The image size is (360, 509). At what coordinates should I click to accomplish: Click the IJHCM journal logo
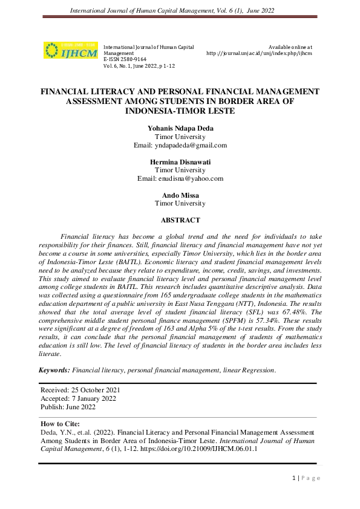(x=71, y=50)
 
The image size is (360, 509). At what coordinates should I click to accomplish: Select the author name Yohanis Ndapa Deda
(x=180, y=129)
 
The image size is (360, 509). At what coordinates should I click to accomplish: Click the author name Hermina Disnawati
(x=180, y=162)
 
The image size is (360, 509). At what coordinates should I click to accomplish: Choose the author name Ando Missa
(x=180, y=195)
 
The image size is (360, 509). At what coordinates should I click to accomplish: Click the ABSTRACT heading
(x=180, y=221)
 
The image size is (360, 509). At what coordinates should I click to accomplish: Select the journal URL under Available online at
(x=259, y=53)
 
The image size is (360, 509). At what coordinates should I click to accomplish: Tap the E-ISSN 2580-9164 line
(x=125, y=59)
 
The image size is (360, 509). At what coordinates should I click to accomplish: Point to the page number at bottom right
(x=306, y=478)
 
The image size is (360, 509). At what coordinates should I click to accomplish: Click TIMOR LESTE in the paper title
(x=212, y=111)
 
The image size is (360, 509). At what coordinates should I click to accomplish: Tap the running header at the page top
(x=180, y=11)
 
